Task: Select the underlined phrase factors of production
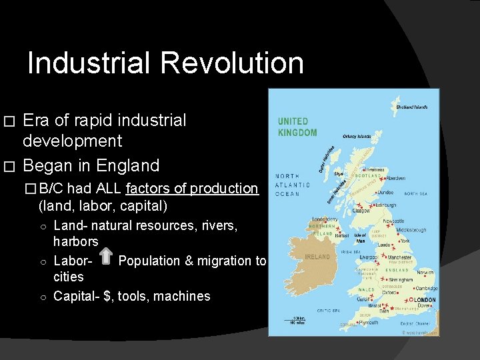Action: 191,189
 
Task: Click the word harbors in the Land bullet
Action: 75,241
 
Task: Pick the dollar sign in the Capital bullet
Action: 107,295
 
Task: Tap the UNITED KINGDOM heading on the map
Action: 297,127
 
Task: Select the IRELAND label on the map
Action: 317,257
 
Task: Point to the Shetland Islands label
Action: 411,107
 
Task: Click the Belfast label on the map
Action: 343,235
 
